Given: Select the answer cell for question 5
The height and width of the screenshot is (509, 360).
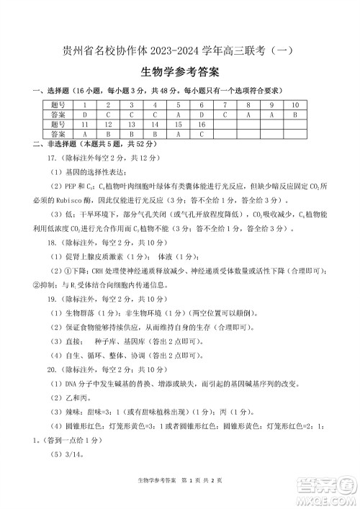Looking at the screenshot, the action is (x=177, y=114).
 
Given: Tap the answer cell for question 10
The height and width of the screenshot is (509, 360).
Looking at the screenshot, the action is (x=294, y=114).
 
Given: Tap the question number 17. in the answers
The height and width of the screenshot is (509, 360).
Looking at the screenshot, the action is (x=52, y=157).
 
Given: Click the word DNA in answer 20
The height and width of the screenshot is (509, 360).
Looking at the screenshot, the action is (x=72, y=383).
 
